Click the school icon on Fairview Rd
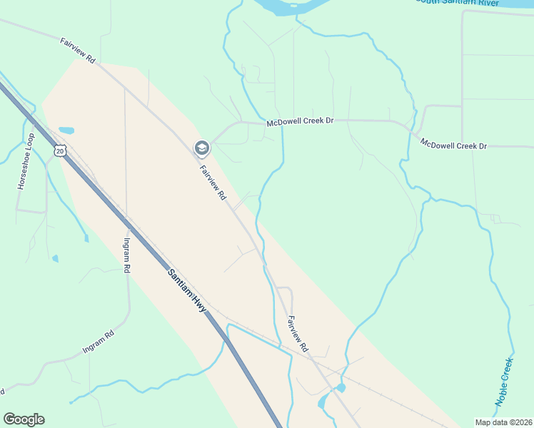[x=202, y=148]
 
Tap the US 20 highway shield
[x=60, y=151]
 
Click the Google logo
[x=24, y=419]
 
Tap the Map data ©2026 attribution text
[x=503, y=422]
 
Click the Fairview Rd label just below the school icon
[x=213, y=182]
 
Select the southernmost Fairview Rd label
[x=297, y=333]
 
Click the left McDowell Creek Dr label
[x=300, y=123]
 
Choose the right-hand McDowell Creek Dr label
[x=453, y=145]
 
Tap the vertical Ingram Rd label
[x=127, y=255]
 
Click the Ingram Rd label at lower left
[x=99, y=340]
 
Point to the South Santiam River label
[x=457, y=2]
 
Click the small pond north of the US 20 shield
[x=66, y=131]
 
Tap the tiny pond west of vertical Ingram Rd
[x=56, y=258]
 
